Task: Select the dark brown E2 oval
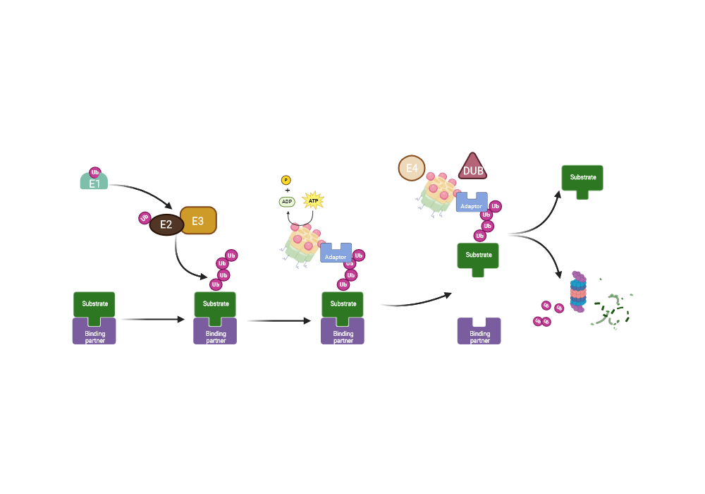[x=166, y=224]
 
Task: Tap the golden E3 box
[x=198, y=220]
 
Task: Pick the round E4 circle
[x=411, y=169]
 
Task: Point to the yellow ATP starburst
[x=312, y=201]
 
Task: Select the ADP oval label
[x=287, y=201]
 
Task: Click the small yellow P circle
[x=286, y=180]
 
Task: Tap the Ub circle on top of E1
[x=95, y=171]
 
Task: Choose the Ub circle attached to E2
[x=145, y=217]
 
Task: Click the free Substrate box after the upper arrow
[x=582, y=179]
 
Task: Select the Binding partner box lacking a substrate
[x=479, y=331]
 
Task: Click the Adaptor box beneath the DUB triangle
[x=472, y=203]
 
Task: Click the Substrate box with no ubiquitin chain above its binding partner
[x=94, y=305]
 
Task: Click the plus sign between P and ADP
[x=287, y=191]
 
